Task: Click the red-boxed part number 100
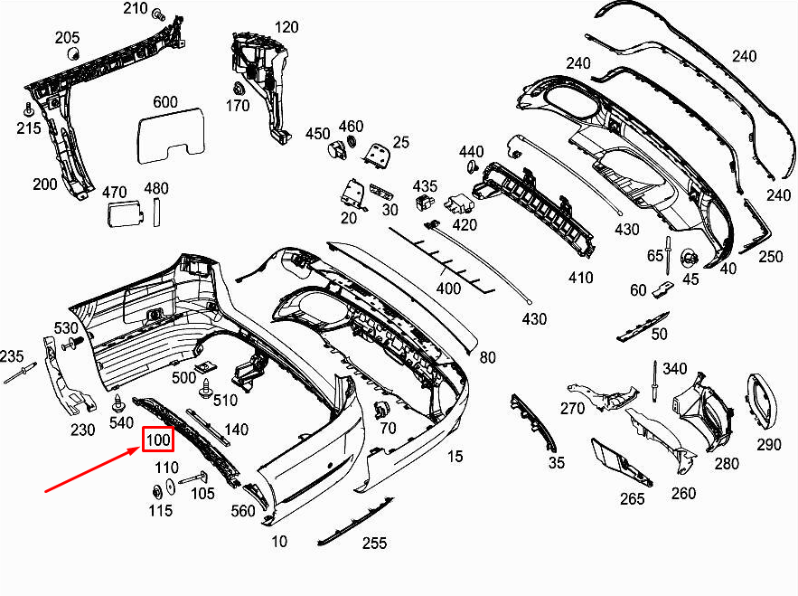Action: (158, 440)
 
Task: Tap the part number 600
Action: (165, 102)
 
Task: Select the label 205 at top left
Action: (68, 37)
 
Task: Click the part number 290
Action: (768, 444)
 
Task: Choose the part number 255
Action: (374, 543)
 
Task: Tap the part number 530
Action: (67, 326)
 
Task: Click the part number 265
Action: (633, 498)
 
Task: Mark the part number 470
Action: (115, 192)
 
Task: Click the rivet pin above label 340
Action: (651, 380)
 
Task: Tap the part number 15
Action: (455, 457)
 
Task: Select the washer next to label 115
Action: (155, 492)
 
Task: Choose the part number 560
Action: (243, 511)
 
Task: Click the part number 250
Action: (770, 257)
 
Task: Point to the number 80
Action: (488, 357)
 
